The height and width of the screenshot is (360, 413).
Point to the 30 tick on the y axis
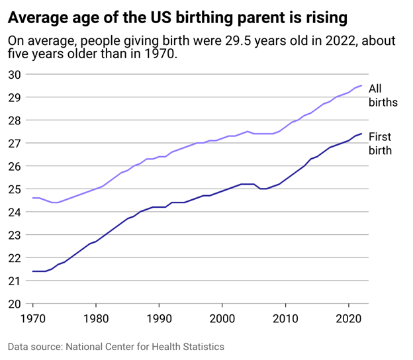14,74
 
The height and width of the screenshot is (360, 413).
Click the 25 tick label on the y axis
14,189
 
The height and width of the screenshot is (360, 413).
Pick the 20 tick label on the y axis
14,304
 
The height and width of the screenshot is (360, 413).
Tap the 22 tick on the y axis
14,258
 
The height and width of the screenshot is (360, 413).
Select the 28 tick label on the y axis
14,120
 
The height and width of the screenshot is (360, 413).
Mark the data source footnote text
116,347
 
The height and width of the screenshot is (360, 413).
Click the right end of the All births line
361,85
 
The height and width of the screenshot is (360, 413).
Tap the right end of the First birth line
361,134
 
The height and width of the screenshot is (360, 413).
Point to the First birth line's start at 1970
33,271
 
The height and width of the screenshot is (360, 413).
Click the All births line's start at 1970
33,198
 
